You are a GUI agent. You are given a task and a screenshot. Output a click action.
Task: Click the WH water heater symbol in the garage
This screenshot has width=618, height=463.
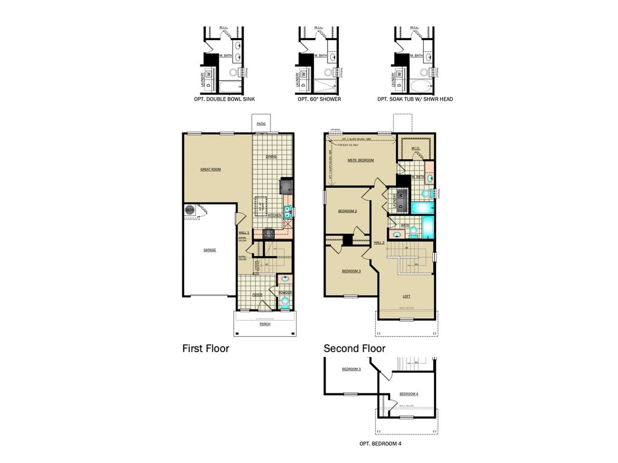pyautogui.click(x=189, y=210)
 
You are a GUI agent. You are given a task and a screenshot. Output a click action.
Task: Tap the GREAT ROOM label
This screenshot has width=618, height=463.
pyautogui.click(x=211, y=169)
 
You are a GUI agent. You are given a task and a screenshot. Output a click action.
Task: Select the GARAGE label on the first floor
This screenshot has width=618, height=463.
pyautogui.click(x=210, y=250)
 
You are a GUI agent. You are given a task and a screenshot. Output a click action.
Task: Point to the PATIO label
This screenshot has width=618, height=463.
pyautogui.click(x=261, y=124)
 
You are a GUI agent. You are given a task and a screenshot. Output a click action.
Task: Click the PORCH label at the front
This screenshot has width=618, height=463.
pyautogui.click(x=265, y=324)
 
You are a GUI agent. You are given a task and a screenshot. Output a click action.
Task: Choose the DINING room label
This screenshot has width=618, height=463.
pyautogui.click(x=271, y=157)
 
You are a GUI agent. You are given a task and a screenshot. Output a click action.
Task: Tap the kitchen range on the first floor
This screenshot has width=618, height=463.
pyautogui.click(x=268, y=234)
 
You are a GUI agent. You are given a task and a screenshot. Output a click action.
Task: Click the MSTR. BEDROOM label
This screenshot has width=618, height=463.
pyautogui.click(x=361, y=160)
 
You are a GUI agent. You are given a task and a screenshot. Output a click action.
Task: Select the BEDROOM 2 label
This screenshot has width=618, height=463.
pyautogui.click(x=347, y=211)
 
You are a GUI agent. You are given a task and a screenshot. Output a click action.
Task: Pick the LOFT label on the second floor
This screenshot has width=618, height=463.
pyautogui.click(x=407, y=296)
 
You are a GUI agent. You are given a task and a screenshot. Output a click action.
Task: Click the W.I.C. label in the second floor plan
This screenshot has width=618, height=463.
pyautogui.click(x=416, y=148)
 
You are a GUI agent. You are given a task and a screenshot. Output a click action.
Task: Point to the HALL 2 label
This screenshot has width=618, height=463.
pyautogui.click(x=379, y=243)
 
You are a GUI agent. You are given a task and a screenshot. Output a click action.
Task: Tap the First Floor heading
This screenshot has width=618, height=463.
pyautogui.click(x=206, y=348)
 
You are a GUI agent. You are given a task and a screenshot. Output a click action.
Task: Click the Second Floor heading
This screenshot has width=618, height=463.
pyautogui.click(x=354, y=348)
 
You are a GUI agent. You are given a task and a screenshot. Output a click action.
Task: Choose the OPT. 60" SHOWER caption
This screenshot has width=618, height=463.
pyautogui.click(x=319, y=99)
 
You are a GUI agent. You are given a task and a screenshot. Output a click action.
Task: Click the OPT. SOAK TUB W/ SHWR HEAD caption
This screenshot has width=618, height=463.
pyautogui.click(x=415, y=99)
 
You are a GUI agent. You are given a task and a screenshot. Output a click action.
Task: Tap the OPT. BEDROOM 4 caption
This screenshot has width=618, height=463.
pyautogui.click(x=380, y=444)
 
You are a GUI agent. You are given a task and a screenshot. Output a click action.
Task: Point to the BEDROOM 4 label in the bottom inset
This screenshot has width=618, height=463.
pyautogui.click(x=409, y=394)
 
